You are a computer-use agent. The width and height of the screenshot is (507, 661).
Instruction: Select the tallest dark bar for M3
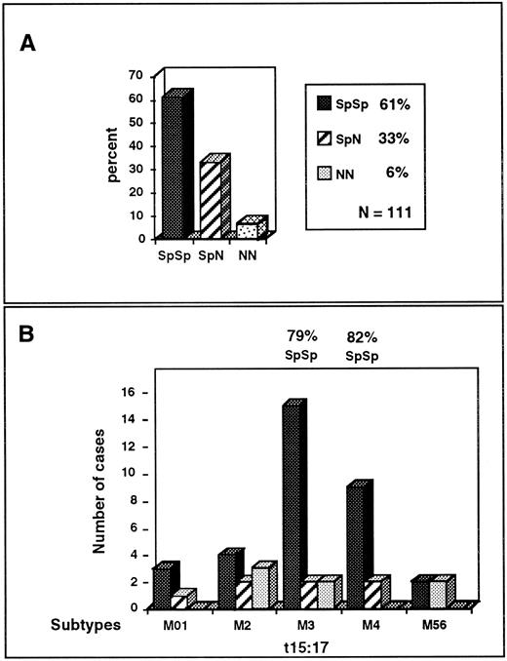click(292, 507)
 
